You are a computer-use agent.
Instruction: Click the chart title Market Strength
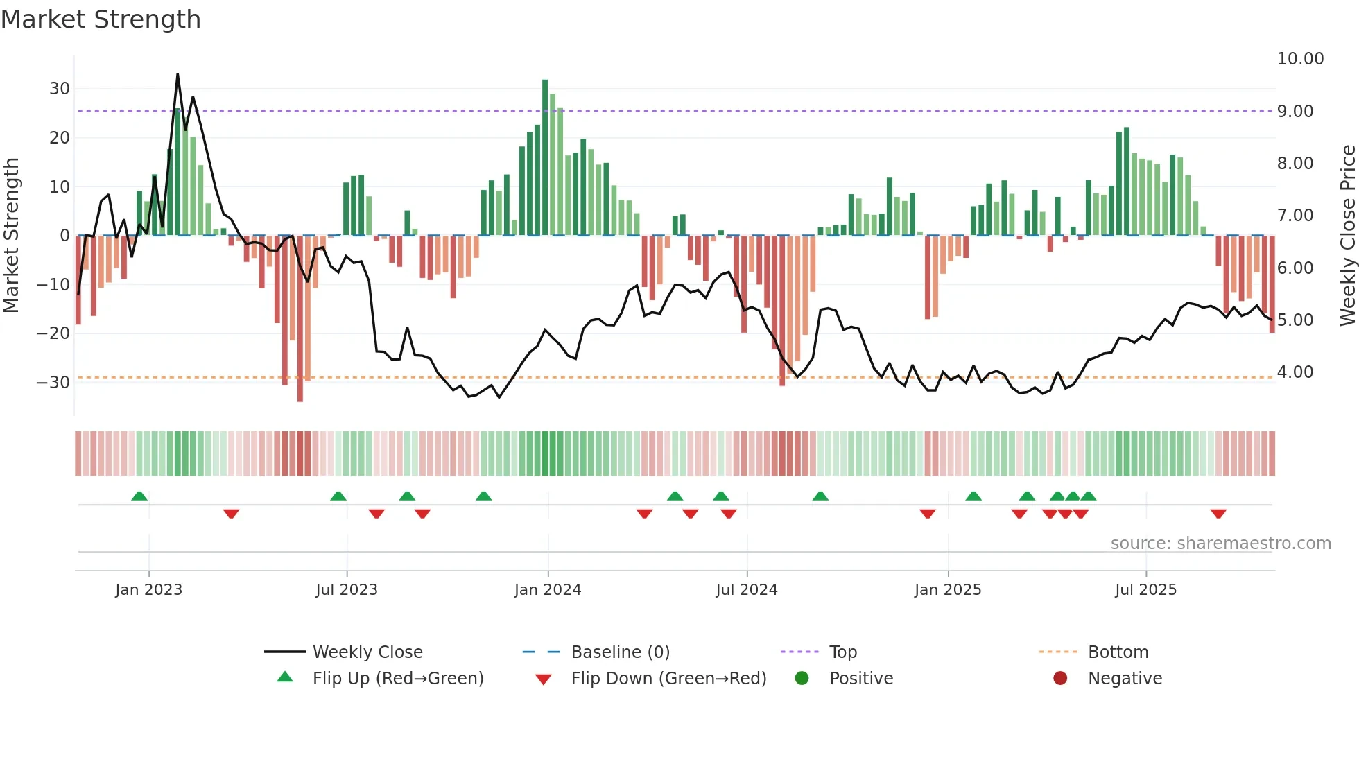point(101,19)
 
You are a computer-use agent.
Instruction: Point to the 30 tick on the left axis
point(60,89)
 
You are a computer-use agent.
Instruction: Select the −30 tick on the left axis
point(54,382)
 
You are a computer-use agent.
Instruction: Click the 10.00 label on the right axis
point(1300,59)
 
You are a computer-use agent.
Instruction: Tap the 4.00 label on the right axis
point(1295,372)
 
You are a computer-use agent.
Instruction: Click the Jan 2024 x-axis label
point(547,590)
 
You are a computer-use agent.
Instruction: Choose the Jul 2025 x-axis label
point(1145,590)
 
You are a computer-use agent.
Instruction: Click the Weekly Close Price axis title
point(1347,236)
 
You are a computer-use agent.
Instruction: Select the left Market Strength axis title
point(12,236)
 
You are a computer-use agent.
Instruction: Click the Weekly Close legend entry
point(367,652)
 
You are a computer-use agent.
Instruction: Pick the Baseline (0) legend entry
point(620,652)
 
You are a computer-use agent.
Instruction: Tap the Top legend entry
point(842,652)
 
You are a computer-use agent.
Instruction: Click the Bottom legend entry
point(1118,652)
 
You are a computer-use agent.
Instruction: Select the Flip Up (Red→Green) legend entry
point(397,679)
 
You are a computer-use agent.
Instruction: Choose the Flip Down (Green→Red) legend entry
point(668,679)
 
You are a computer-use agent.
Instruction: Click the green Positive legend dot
point(802,679)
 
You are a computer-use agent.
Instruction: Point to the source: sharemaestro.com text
point(1220,544)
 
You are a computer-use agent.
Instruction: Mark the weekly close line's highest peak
point(178,75)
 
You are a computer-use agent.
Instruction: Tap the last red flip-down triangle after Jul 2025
point(1218,514)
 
